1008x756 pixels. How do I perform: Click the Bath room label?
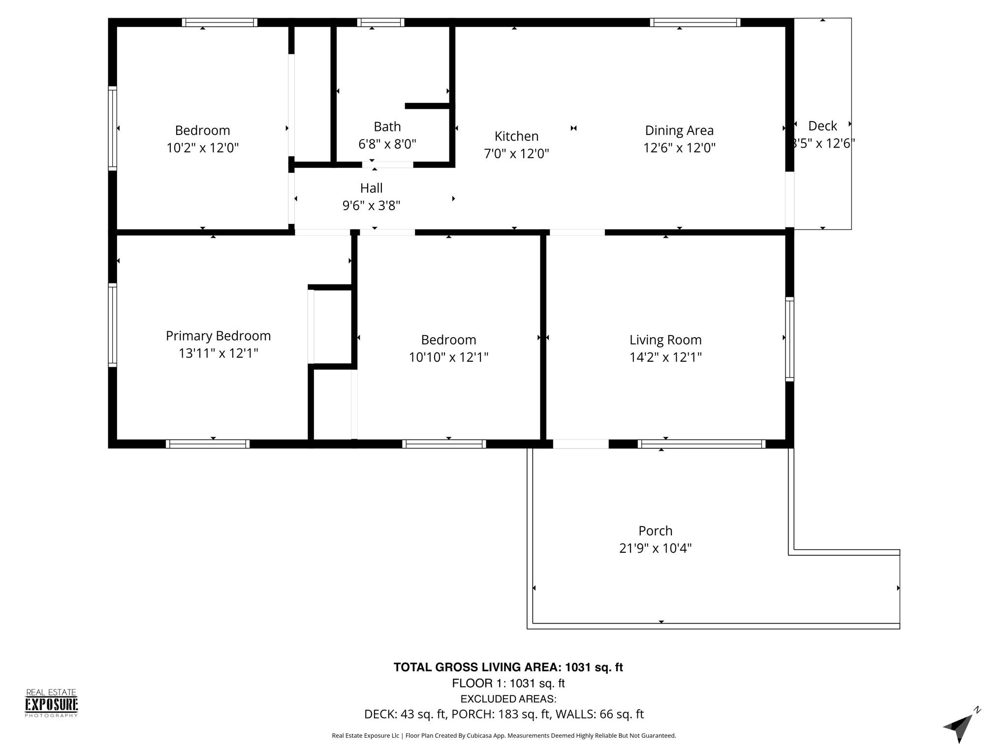(x=387, y=126)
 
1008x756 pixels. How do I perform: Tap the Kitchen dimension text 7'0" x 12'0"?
(x=516, y=154)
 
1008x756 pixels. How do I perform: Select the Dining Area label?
(x=679, y=130)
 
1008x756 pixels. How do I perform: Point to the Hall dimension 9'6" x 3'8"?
(x=371, y=205)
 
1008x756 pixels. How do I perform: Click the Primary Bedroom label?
(x=218, y=336)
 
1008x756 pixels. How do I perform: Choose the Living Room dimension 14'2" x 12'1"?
(x=665, y=357)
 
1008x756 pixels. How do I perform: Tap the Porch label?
(x=655, y=531)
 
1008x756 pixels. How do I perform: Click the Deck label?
(x=822, y=126)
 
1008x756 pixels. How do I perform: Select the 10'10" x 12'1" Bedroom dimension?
(x=448, y=357)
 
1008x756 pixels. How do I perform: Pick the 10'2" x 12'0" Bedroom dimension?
(x=202, y=148)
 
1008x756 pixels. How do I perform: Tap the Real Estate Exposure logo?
(x=52, y=703)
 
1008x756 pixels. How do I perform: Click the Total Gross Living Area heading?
(x=508, y=667)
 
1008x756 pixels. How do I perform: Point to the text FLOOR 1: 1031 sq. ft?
(x=508, y=683)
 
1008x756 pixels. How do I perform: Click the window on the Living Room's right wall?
(x=789, y=339)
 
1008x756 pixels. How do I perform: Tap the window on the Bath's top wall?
(x=380, y=22)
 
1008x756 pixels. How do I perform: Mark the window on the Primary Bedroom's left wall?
(x=113, y=325)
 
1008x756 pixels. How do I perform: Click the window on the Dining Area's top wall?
(x=695, y=22)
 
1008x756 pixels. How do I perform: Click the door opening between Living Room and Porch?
(x=581, y=444)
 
